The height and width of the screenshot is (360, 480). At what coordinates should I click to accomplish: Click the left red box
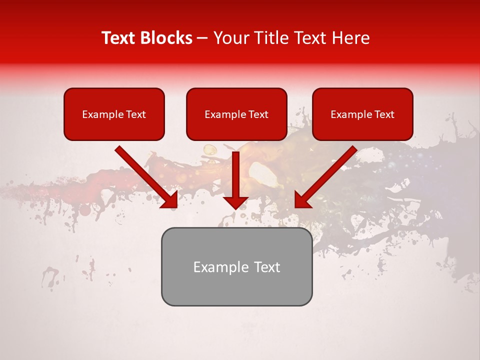[114, 114]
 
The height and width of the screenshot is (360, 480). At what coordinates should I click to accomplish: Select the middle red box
[236, 114]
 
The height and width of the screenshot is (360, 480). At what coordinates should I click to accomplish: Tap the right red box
[362, 114]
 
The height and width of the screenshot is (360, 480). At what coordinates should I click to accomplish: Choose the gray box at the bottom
[236, 266]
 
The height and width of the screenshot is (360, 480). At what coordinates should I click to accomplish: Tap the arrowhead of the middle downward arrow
[236, 202]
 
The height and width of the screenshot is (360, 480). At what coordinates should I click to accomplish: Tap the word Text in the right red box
[384, 114]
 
